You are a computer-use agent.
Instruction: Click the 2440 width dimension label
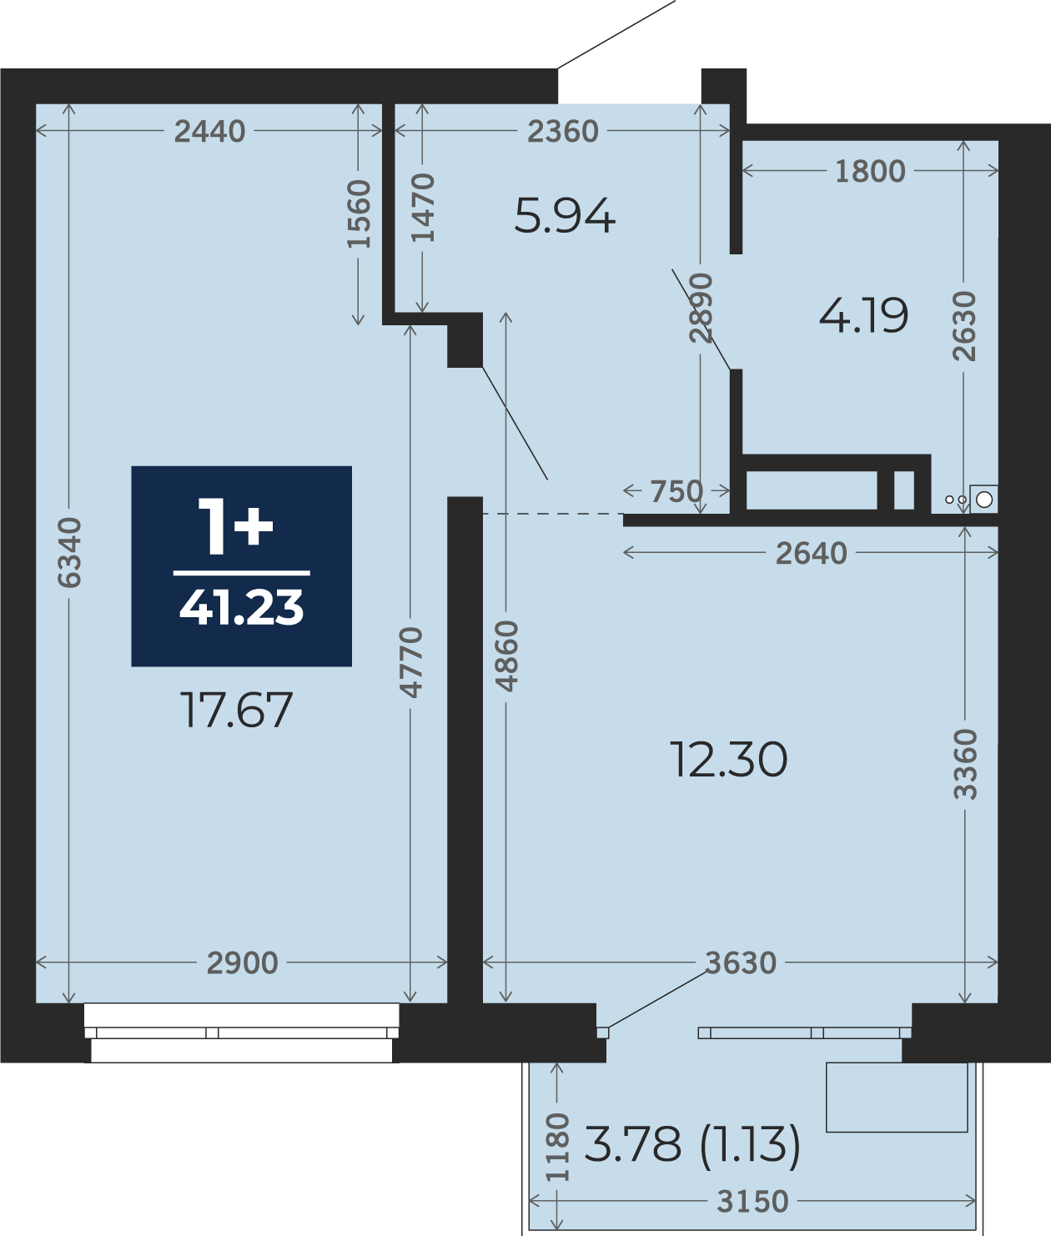tap(210, 132)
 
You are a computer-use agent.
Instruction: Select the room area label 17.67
tap(236, 710)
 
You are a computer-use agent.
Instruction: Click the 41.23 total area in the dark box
tap(242, 607)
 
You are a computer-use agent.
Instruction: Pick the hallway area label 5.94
tap(565, 215)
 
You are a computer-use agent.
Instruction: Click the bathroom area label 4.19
tap(864, 315)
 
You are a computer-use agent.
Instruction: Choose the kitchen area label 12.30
tap(728, 760)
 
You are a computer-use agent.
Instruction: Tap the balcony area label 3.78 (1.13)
tap(692, 1144)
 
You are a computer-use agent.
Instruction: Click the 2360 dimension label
tap(563, 132)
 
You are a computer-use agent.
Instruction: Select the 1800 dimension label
tap(870, 172)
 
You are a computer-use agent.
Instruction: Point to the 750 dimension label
tap(676, 491)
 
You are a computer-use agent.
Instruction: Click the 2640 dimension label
tap(812, 554)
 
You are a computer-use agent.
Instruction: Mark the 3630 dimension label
tap(741, 962)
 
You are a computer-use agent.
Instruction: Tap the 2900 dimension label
tap(242, 962)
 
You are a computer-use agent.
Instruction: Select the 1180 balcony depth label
tap(557, 1147)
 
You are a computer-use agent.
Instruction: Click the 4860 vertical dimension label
tap(506, 656)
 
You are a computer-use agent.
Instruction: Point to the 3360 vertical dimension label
tap(964, 764)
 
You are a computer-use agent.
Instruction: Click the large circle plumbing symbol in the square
tap(984, 499)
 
